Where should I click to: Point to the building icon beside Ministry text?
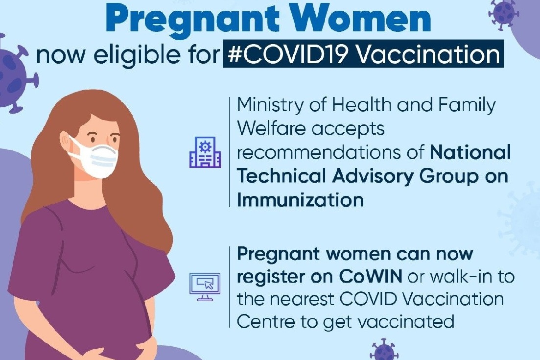pyautogui.click(x=205, y=152)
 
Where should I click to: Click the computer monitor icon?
pyautogui.click(x=205, y=287)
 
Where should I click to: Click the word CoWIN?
pyautogui.click(x=371, y=277)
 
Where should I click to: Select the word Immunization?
pyautogui.click(x=300, y=200)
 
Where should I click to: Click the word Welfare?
pyautogui.click(x=271, y=128)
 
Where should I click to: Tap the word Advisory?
pyautogui.click(x=373, y=177)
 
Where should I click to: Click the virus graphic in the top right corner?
pyautogui.click(x=503, y=13)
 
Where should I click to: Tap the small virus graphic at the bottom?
pyautogui.click(x=384, y=351)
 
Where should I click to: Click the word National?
pyautogui.click(x=470, y=152)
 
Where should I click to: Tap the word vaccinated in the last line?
pyautogui.click(x=406, y=322)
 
